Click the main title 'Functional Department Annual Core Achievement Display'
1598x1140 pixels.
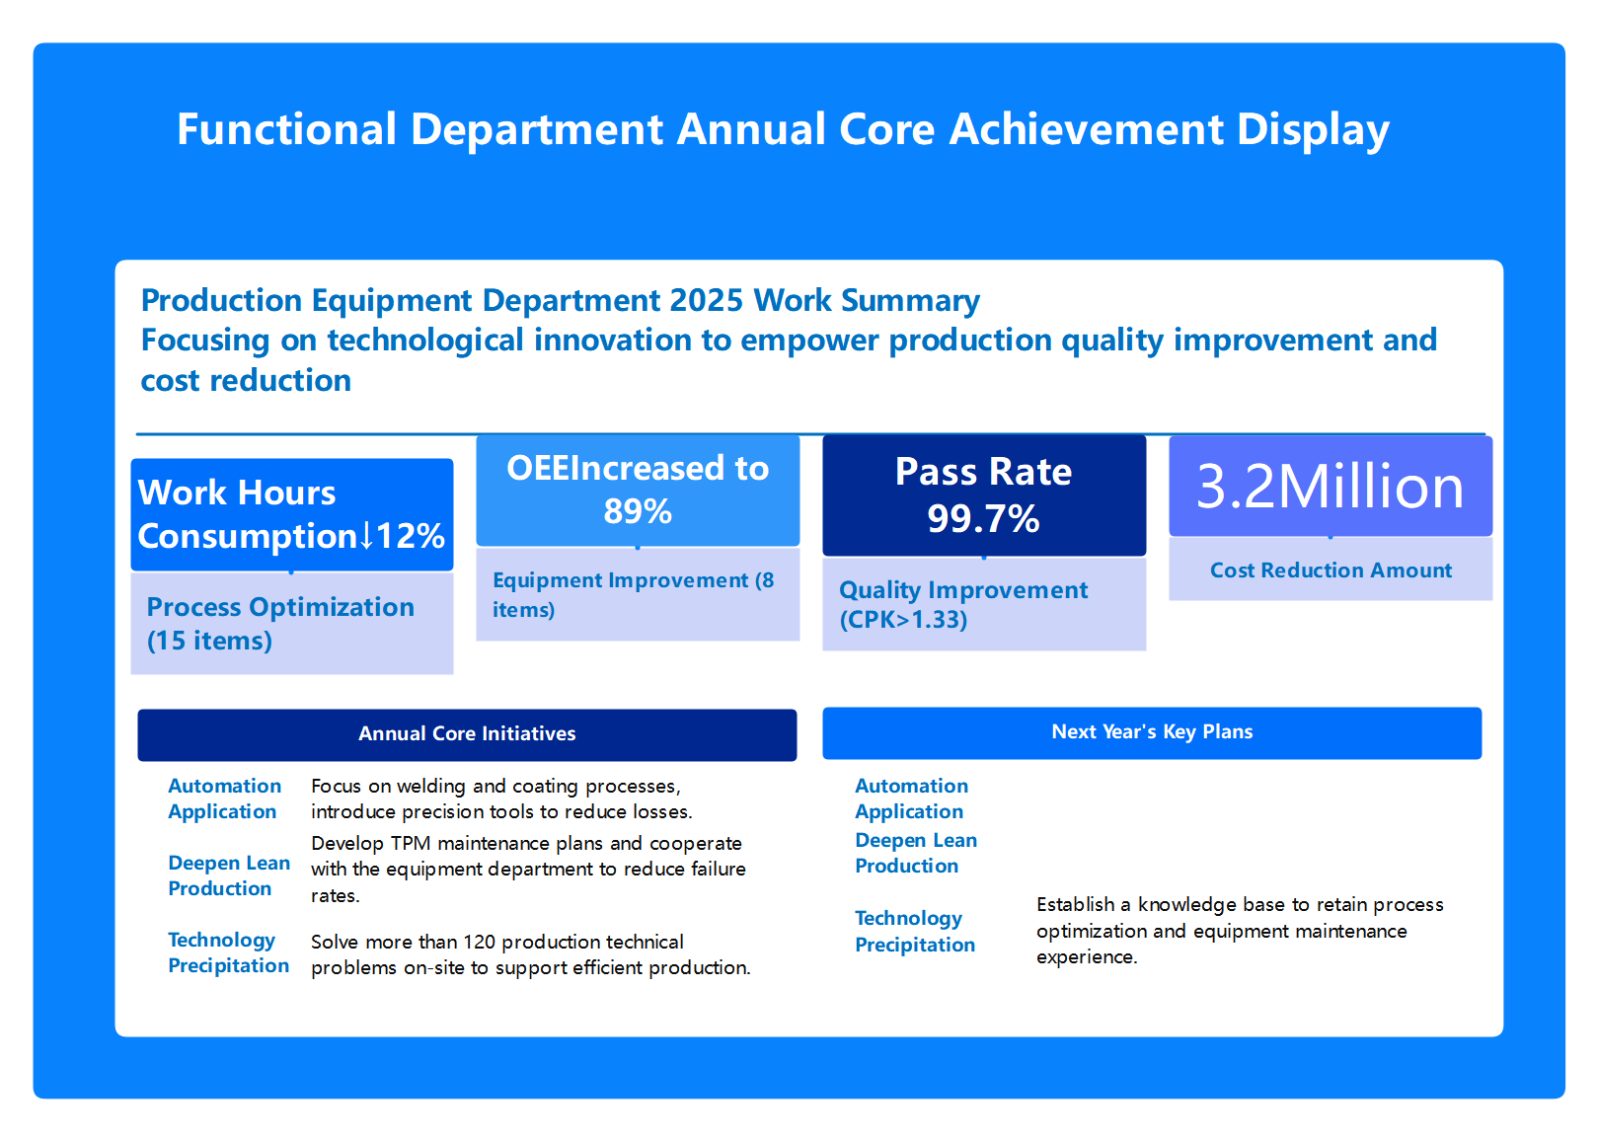783,129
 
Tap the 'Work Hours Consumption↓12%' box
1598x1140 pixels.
291,514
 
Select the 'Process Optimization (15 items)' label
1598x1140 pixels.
280,624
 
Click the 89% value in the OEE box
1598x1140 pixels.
638,511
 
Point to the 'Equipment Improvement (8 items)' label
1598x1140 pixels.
633,594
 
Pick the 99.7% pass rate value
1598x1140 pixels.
983,518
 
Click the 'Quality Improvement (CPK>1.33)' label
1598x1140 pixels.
962,604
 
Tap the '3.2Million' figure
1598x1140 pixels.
1330,487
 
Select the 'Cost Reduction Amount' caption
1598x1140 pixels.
1331,570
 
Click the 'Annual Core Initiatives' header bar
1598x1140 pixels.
467,734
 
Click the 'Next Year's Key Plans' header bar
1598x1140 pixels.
1152,732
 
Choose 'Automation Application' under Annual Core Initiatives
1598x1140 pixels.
224,798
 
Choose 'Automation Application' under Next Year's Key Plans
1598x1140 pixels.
911,798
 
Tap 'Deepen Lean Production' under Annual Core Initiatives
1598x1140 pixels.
228,875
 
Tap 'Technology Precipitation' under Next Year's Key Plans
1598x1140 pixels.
914,931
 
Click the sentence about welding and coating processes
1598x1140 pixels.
500,798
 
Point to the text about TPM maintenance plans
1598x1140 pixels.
527,869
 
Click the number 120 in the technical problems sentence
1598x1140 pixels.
479,942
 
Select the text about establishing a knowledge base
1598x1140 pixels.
1239,931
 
